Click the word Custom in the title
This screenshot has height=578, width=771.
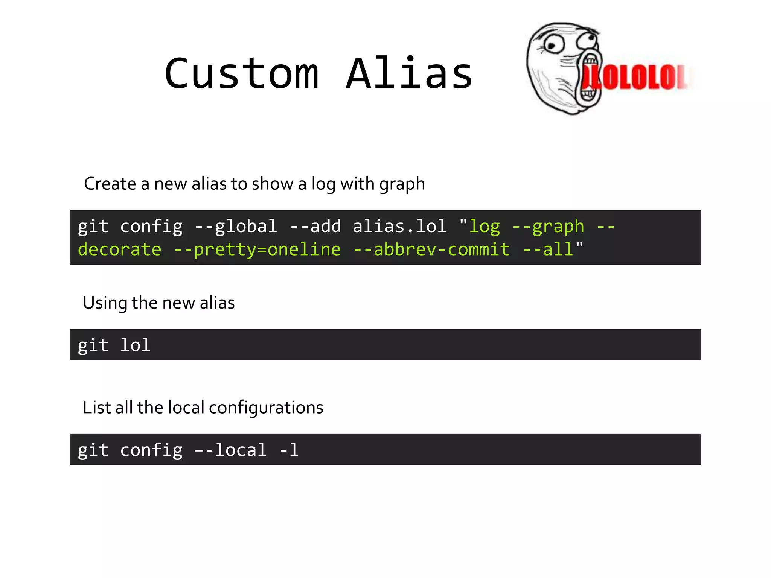click(241, 74)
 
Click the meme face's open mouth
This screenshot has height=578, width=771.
click(588, 78)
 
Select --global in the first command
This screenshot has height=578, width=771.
click(236, 227)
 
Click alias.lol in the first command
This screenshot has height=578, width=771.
click(399, 227)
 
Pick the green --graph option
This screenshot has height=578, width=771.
click(548, 227)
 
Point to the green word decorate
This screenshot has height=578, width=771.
click(119, 249)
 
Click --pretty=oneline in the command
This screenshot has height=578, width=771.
click(257, 249)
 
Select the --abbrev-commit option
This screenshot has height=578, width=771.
click(431, 249)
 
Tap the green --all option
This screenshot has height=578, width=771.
click(548, 249)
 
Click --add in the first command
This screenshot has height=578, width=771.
click(315, 227)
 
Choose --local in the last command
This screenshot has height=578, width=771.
click(230, 450)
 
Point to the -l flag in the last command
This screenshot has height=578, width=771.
click(289, 450)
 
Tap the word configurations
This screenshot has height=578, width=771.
click(266, 408)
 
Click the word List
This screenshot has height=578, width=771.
click(96, 408)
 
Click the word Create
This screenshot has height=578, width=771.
click(110, 184)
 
